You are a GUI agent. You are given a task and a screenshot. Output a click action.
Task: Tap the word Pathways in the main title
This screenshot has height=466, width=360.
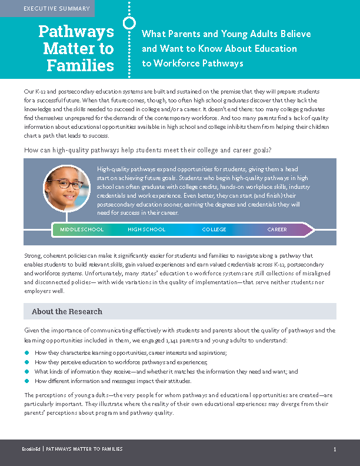point(76,31)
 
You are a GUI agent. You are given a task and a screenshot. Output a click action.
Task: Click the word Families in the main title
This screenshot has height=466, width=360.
point(80,65)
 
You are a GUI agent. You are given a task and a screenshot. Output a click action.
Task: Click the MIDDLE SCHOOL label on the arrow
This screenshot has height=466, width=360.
point(82,229)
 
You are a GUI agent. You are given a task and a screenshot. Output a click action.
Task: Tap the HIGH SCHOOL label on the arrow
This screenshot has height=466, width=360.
point(146,229)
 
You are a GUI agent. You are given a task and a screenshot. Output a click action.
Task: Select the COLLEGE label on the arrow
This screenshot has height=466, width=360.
point(214,229)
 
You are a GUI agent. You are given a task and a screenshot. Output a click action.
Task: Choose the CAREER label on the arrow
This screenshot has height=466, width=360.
point(277,229)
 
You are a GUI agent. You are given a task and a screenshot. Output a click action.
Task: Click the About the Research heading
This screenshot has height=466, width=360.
point(67,311)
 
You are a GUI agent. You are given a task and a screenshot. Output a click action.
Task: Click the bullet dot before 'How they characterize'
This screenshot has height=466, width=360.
point(27,352)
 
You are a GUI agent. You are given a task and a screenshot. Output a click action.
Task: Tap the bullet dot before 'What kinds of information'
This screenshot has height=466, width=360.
point(27,371)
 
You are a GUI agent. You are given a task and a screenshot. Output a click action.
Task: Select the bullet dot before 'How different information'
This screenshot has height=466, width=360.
point(27,381)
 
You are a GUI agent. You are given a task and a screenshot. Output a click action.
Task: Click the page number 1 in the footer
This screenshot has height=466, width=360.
point(334,449)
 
